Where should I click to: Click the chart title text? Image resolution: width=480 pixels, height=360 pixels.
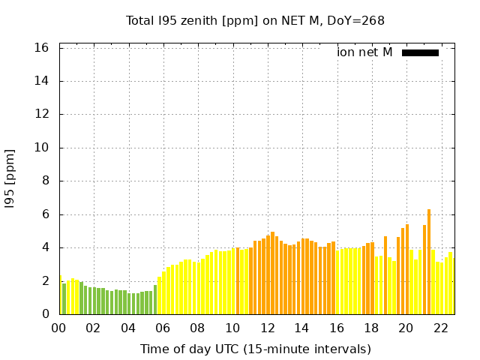[255, 20]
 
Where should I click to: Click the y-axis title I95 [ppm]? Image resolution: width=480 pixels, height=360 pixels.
[10, 179]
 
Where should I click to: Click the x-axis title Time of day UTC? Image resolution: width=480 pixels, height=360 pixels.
[255, 349]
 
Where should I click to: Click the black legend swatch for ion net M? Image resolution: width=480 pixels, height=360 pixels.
[420, 52]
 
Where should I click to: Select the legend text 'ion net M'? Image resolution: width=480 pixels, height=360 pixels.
[364, 52]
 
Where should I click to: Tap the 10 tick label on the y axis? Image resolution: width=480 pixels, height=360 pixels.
[42, 148]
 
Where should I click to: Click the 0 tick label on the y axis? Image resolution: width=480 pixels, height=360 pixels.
[46, 314]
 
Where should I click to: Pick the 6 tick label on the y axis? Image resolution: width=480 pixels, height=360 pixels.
[46, 214]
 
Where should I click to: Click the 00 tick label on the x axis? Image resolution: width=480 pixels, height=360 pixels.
[59, 328]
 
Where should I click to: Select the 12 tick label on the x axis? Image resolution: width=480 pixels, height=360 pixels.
[267, 328]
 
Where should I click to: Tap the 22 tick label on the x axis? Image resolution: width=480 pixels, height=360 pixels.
[440, 328]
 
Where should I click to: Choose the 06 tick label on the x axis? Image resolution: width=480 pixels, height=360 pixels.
[163, 328]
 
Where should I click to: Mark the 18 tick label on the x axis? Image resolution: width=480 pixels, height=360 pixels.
[371, 328]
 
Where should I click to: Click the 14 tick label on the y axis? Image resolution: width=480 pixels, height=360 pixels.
[42, 81]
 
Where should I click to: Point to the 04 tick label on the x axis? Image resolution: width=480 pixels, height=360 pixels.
[128, 328]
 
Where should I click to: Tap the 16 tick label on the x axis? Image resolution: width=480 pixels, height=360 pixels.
[337, 328]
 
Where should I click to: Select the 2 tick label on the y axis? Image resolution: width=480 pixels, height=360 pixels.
[46, 281]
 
